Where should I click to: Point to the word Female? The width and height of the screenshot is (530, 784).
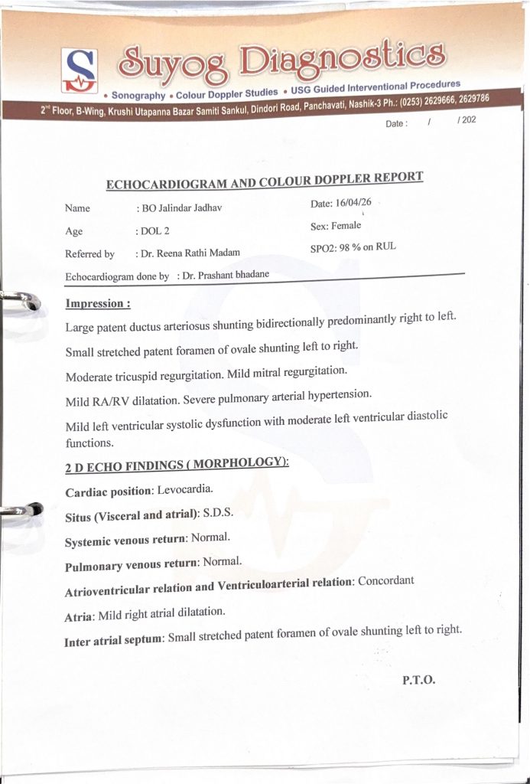346,226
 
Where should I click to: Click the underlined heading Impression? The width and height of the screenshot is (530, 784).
98,303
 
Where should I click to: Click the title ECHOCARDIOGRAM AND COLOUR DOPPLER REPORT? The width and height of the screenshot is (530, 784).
264,181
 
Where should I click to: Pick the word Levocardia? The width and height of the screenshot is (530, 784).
185,488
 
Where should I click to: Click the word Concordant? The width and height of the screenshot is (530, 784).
386,580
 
